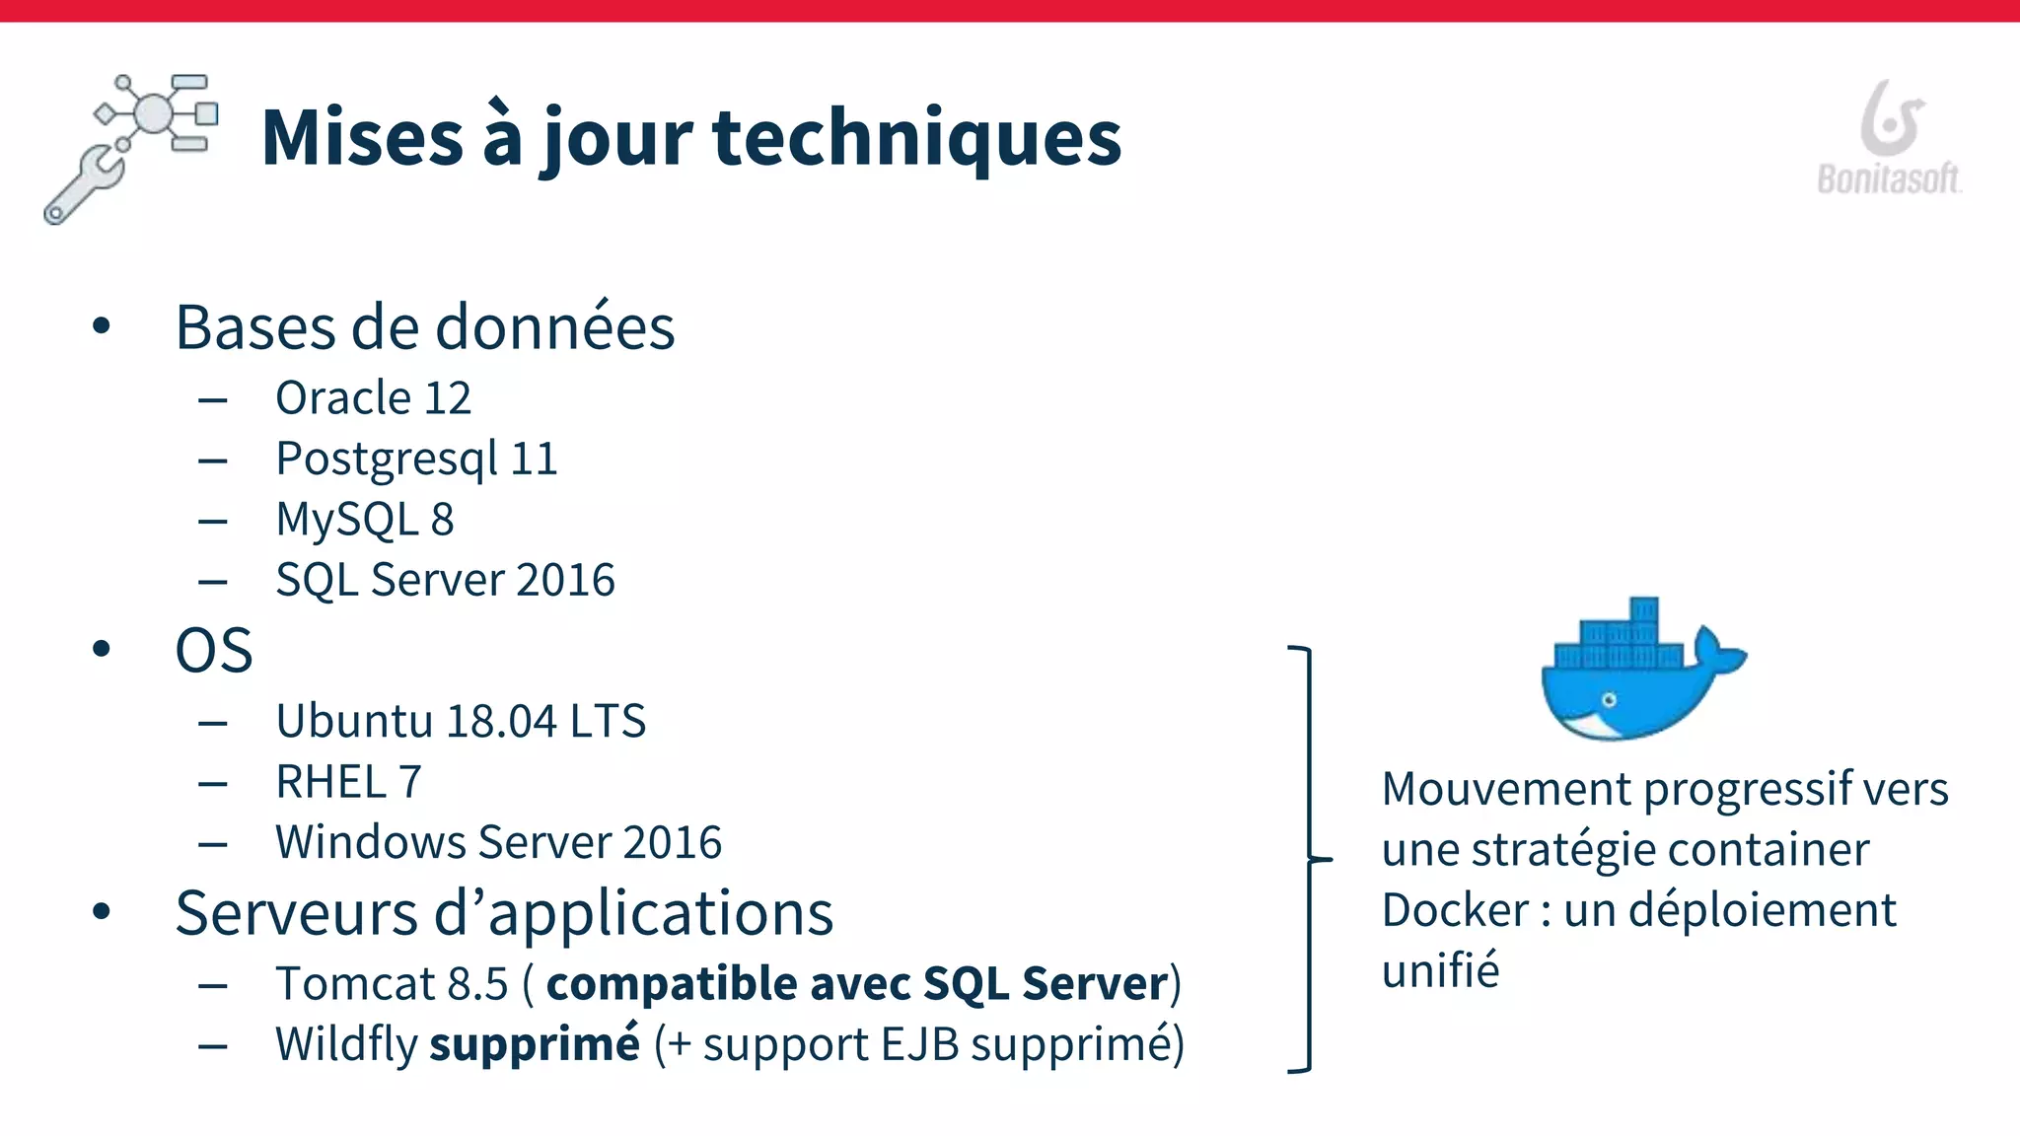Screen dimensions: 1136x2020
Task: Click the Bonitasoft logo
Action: click(x=1889, y=138)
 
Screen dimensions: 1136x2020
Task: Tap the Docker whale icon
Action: click(x=1640, y=672)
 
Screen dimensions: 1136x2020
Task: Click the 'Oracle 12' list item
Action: click(x=373, y=398)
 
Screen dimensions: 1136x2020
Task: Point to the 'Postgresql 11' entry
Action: click(x=416, y=460)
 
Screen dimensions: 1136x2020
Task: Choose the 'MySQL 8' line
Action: click(x=364, y=520)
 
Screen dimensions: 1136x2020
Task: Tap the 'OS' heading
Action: click(x=214, y=651)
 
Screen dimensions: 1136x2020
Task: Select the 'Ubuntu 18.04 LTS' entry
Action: click(x=461, y=721)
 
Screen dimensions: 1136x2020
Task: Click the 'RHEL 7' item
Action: click(x=348, y=782)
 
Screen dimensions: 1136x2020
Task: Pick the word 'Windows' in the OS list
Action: click(x=370, y=842)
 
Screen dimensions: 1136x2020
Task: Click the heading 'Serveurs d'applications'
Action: click(x=504, y=913)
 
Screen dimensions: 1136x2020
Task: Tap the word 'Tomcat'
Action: click(x=355, y=984)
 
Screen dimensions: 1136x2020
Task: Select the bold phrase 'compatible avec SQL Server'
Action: click(x=857, y=984)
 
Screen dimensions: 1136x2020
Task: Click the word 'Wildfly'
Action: click(x=346, y=1045)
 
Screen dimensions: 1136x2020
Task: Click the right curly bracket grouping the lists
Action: click(x=1308, y=859)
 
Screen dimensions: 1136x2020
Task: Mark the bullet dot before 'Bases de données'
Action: click(x=101, y=326)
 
